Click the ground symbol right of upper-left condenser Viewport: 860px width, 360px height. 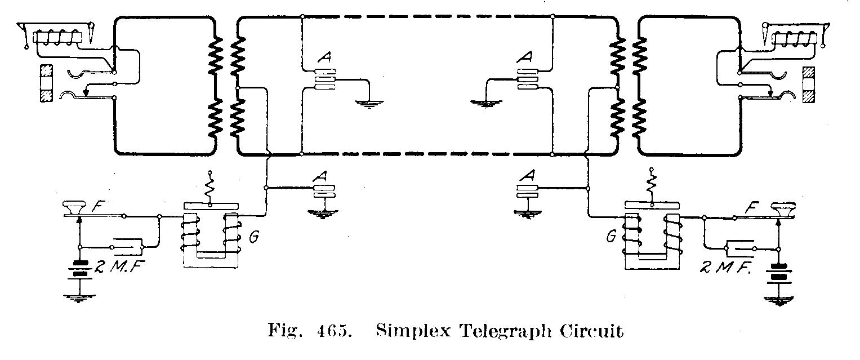pyautogui.click(x=368, y=103)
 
